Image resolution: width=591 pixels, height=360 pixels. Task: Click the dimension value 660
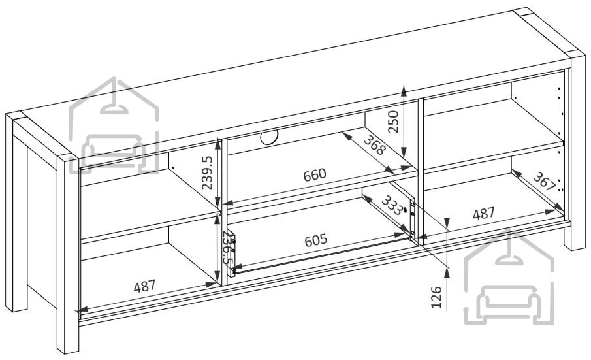click(x=315, y=175)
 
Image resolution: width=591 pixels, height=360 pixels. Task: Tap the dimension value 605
click(x=316, y=240)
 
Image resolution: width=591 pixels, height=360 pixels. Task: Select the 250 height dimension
click(x=393, y=122)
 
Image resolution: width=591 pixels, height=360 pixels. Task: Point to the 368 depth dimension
click(x=375, y=145)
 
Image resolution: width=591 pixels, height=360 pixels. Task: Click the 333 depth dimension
click(x=392, y=206)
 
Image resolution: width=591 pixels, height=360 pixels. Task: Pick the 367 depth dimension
click(x=545, y=182)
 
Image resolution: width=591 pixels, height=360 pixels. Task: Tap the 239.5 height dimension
click(x=207, y=172)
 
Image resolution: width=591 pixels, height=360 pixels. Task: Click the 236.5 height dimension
click(x=227, y=248)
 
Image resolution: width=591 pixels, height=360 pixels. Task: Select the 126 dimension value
click(x=436, y=297)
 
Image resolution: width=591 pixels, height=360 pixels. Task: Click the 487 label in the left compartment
click(x=144, y=286)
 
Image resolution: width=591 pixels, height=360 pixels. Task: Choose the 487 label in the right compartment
click(x=484, y=214)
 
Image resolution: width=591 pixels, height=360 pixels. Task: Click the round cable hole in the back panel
click(x=269, y=137)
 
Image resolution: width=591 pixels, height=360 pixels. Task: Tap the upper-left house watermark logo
click(x=114, y=125)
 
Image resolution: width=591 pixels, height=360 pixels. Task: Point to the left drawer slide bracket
click(x=231, y=254)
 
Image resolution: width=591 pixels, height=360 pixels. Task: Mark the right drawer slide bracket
click(x=412, y=220)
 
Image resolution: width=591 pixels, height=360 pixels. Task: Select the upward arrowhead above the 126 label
click(x=447, y=272)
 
